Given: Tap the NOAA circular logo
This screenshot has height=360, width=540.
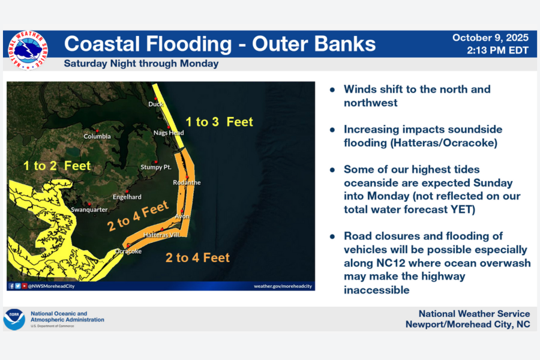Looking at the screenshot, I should (14, 319).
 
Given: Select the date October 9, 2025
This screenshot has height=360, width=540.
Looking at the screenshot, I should (490, 38).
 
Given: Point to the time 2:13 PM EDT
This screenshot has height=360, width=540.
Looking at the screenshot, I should (497, 50).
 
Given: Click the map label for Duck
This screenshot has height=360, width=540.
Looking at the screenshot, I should (155, 105).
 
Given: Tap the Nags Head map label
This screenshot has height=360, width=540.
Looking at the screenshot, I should (169, 133).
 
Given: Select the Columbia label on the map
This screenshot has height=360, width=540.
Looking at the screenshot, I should (97, 136).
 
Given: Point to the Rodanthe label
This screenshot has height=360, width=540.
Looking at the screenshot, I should (187, 182).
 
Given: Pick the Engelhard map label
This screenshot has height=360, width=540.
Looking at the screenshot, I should (127, 197).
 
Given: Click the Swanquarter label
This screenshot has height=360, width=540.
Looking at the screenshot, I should (89, 209).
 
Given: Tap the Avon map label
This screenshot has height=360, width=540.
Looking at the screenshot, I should (182, 216).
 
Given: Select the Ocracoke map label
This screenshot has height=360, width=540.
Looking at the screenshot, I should (128, 251).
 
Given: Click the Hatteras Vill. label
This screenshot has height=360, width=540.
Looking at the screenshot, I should (161, 235).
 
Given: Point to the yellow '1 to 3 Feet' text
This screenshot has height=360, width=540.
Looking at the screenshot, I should (219, 122).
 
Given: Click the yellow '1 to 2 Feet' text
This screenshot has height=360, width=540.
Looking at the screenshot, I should (57, 166).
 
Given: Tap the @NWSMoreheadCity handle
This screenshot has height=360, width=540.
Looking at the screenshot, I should (51, 286).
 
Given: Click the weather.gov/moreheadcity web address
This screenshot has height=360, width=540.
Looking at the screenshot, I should (283, 286).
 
